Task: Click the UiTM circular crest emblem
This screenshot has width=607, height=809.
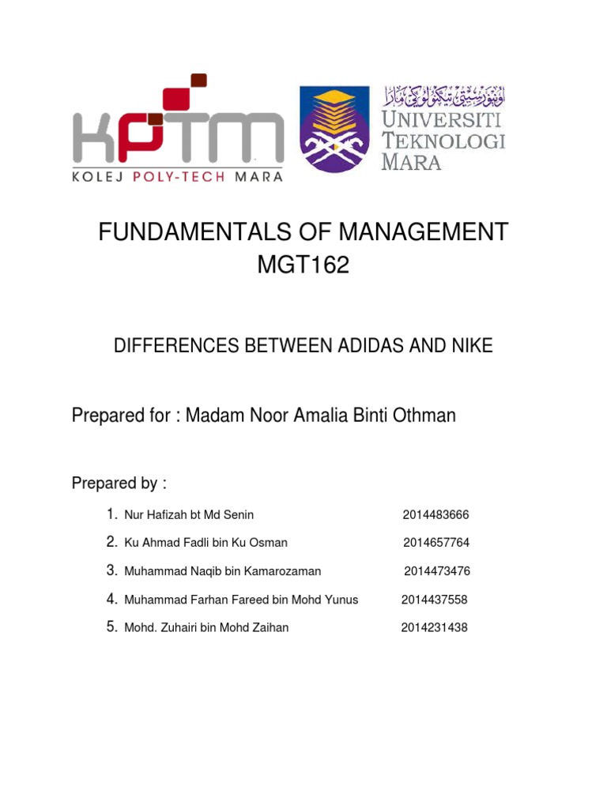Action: tap(335, 129)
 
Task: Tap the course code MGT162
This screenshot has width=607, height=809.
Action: tap(303, 265)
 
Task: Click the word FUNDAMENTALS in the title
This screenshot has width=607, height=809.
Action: tap(186, 233)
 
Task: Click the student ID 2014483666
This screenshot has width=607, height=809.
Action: tap(435, 514)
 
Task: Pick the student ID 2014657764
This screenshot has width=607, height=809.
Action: tap(436, 543)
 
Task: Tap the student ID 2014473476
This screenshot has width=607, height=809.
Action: tap(437, 571)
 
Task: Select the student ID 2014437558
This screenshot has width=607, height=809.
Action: tap(434, 600)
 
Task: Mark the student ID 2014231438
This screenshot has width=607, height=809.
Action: tap(434, 628)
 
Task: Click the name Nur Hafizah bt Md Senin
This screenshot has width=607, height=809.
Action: tap(189, 514)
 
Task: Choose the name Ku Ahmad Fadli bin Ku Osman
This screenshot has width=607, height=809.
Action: tap(205, 543)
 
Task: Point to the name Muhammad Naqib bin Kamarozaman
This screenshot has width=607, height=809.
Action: tap(223, 571)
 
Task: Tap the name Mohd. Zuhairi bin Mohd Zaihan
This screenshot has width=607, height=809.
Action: tap(206, 628)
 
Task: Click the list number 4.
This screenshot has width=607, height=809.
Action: tap(112, 600)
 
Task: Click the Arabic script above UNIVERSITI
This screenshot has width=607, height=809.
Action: tap(445, 98)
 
